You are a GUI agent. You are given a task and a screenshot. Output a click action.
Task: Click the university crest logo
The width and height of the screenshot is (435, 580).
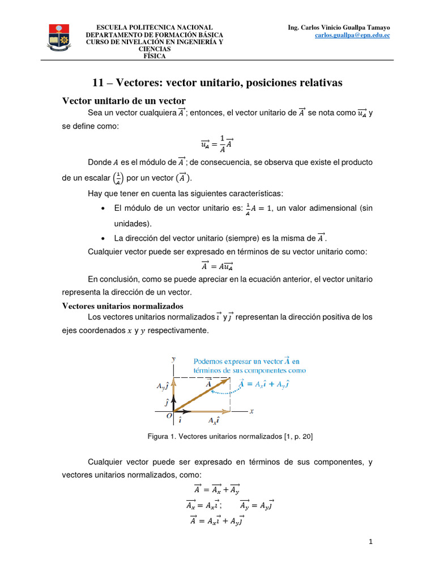click(58, 37)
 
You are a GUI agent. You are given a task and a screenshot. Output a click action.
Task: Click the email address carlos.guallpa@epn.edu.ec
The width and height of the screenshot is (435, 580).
click(352, 35)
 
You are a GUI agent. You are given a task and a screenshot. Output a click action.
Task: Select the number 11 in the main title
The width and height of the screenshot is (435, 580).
click(97, 83)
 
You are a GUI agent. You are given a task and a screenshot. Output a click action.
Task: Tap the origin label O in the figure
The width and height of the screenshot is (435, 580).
click(169, 416)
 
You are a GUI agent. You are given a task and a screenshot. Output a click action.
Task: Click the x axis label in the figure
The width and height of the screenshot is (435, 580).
click(251, 411)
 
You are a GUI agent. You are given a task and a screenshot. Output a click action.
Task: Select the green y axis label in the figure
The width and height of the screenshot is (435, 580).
click(173, 359)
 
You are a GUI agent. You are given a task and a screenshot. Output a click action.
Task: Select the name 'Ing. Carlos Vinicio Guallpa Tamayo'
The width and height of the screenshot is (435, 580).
click(339, 27)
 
